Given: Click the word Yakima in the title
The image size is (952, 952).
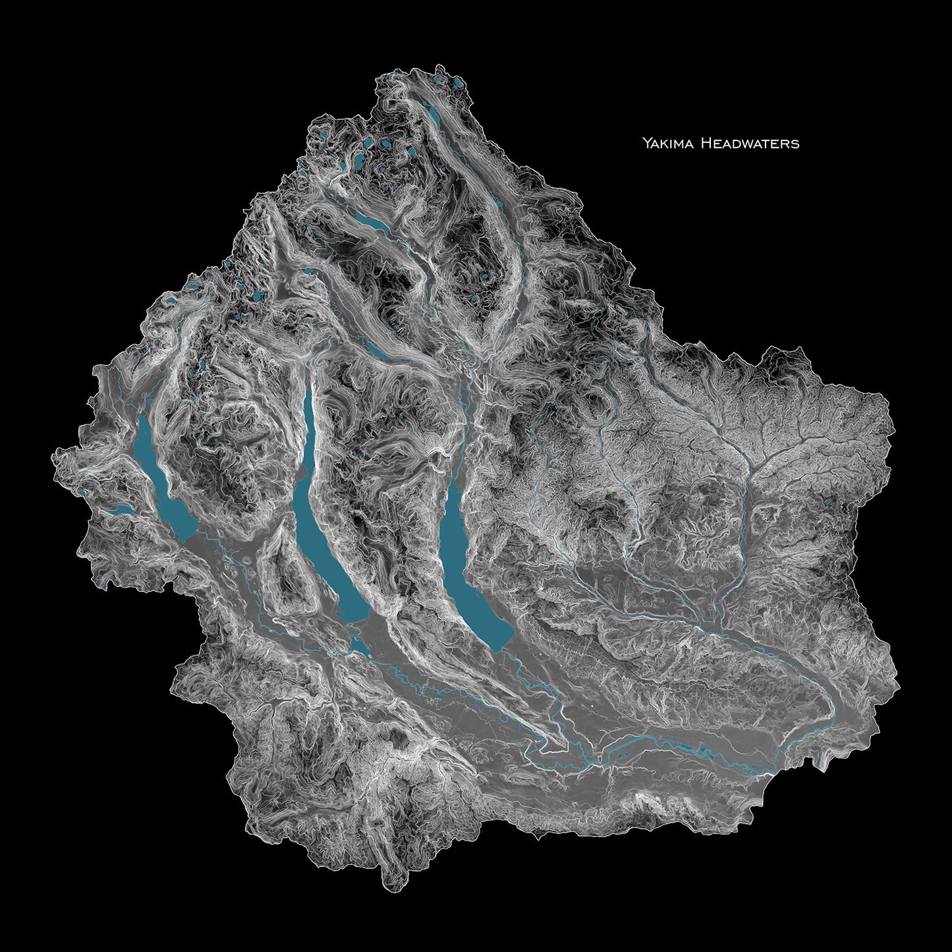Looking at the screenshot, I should pos(665,142).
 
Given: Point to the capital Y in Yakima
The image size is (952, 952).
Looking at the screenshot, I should pos(647,142).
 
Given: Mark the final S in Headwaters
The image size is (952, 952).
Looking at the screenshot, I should pos(796,143).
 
